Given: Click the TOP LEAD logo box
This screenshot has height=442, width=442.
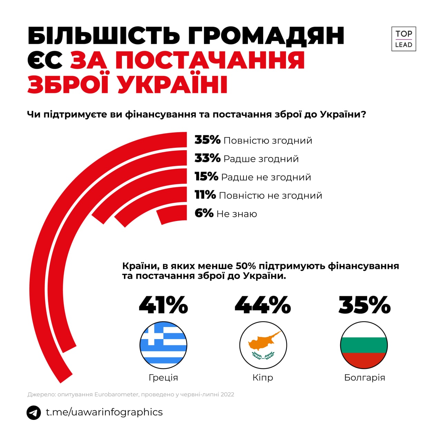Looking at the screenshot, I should pyautogui.click(x=403, y=39).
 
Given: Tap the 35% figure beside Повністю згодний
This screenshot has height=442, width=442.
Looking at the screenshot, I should pyautogui.click(x=207, y=140).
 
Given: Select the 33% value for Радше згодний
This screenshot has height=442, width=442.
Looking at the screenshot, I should pyautogui.click(x=207, y=158).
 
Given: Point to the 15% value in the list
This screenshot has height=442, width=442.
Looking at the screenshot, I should pyautogui.click(x=206, y=176).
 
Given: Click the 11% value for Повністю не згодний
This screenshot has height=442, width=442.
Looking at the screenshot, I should pyautogui.click(x=205, y=195).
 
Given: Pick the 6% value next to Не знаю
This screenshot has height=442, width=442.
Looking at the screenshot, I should pyautogui.click(x=204, y=213).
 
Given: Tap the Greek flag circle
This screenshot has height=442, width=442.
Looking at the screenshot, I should pyautogui.click(x=163, y=345).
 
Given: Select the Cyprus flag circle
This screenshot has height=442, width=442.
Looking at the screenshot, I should pyautogui.click(x=263, y=345).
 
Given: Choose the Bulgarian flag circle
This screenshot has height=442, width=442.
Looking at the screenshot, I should pyautogui.click(x=364, y=345).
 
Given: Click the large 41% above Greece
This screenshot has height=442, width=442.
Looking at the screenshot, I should pyautogui.click(x=163, y=305).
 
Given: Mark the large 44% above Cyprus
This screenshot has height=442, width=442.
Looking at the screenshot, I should pyautogui.click(x=262, y=305).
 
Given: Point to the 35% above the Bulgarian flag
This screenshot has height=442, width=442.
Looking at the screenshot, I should pyautogui.click(x=364, y=305).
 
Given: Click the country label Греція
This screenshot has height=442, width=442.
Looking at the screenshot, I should pyautogui.click(x=163, y=377).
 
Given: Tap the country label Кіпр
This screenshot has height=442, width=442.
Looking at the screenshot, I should pyautogui.click(x=263, y=377).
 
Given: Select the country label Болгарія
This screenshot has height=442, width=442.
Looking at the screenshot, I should pyautogui.click(x=364, y=377).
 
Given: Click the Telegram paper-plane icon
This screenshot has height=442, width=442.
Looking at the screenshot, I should pyautogui.click(x=34, y=412).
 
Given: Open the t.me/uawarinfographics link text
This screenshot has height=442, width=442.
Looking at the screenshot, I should pyautogui.click(x=104, y=412).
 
